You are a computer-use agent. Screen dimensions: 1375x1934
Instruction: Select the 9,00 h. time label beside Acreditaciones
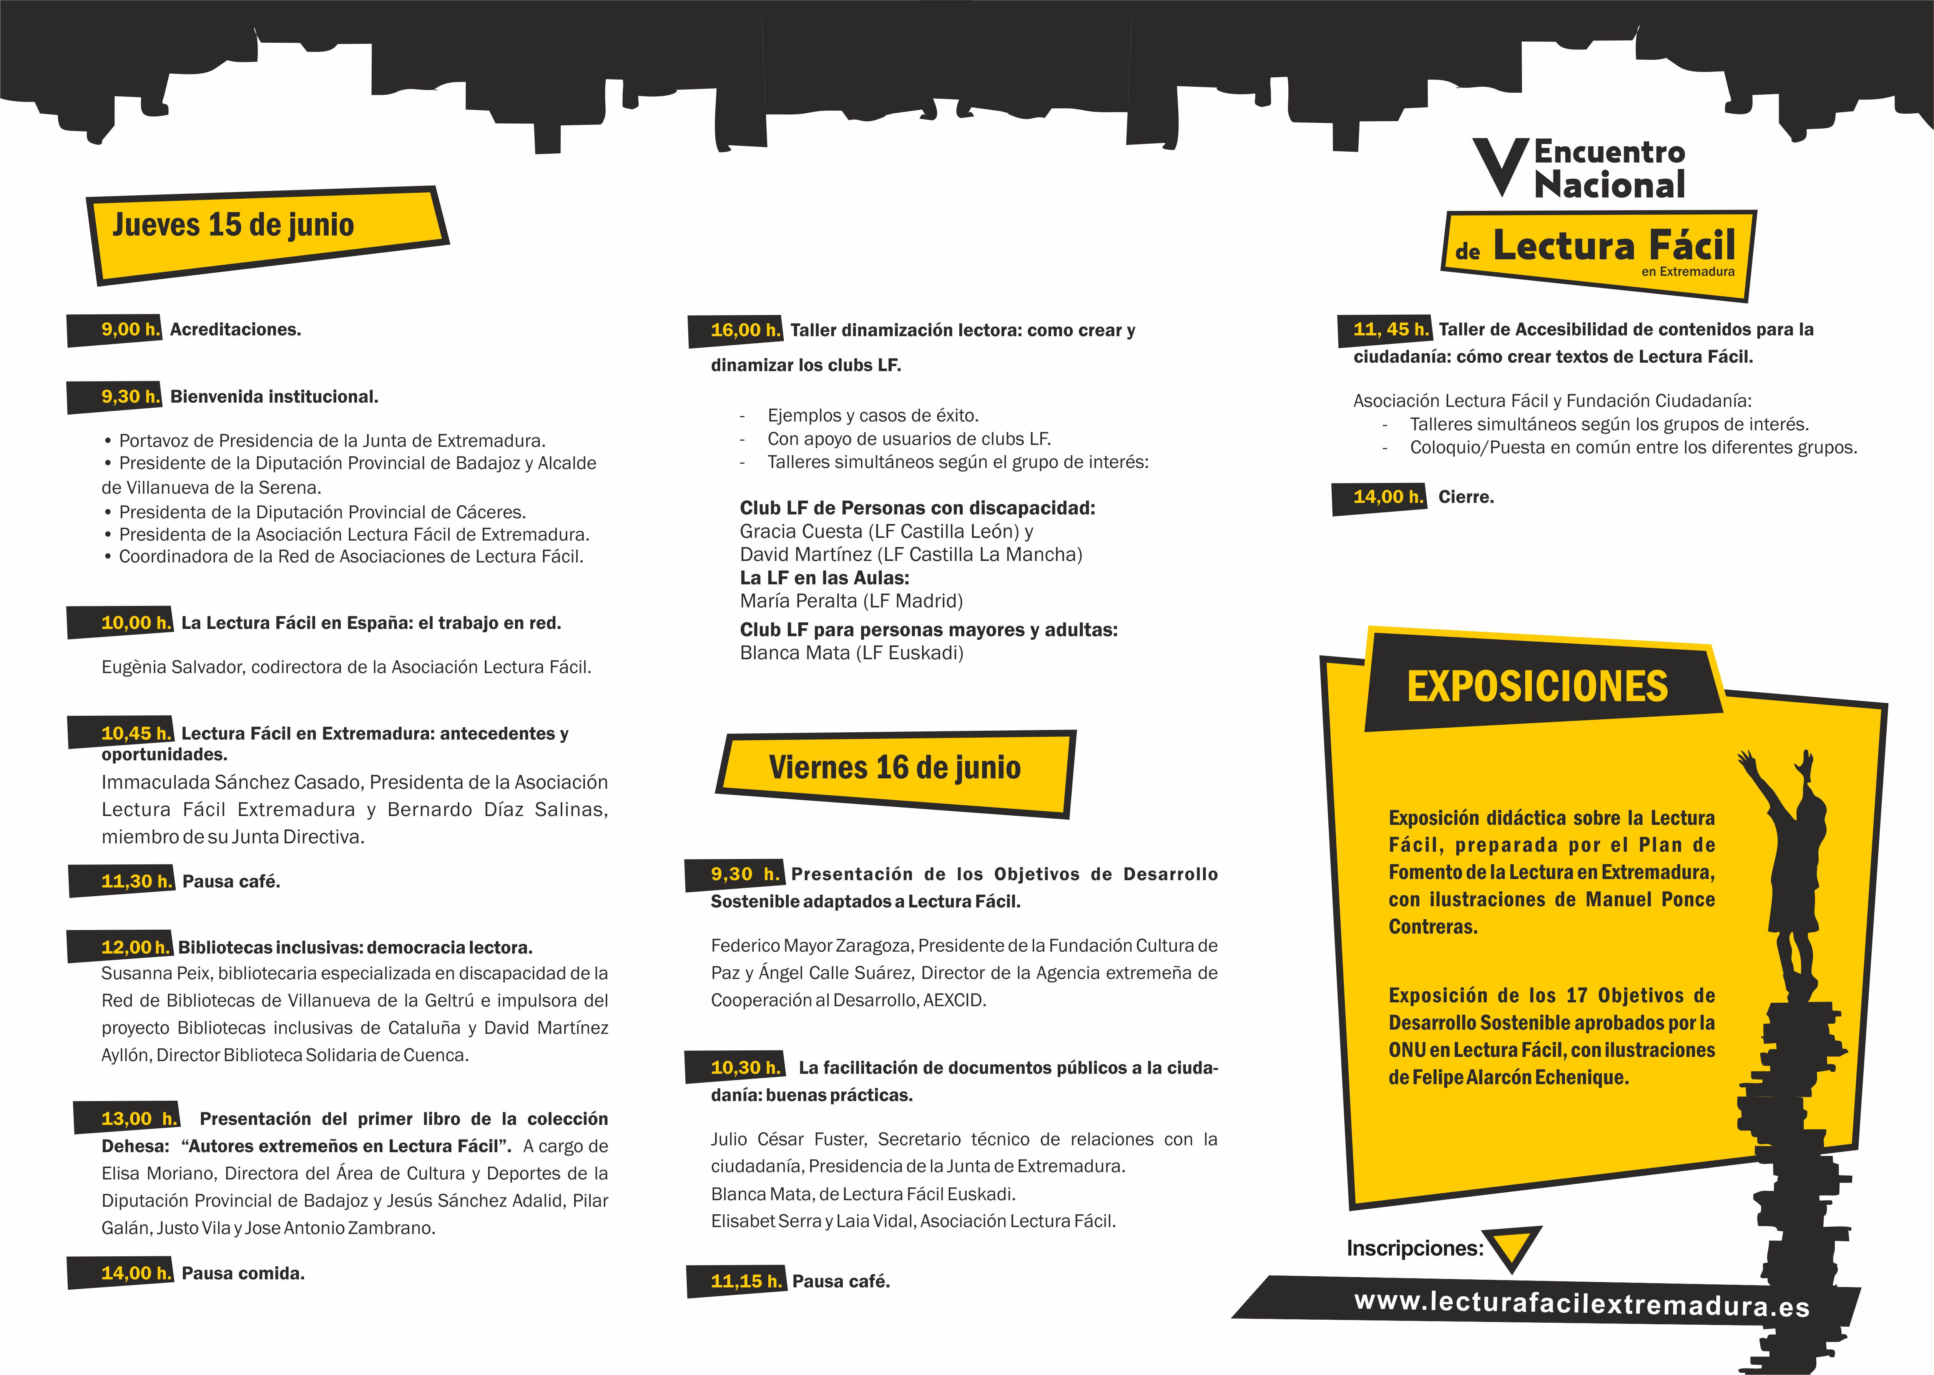[130, 329]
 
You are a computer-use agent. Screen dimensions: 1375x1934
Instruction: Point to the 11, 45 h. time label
[1391, 329]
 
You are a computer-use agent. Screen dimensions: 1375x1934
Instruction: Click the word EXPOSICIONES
[1537, 687]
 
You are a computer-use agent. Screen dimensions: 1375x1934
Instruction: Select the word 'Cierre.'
[1466, 497]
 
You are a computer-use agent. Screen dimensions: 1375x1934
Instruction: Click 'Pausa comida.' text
[243, 1274]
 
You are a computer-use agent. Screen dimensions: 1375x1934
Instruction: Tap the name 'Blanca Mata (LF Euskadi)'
[851, 653]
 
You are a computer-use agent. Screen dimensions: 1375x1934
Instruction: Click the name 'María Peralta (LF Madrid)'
[851, 601]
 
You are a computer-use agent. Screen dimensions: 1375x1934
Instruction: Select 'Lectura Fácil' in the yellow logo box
[1613, 246]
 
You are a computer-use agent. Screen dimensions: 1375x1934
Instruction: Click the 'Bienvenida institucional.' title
[274, 397]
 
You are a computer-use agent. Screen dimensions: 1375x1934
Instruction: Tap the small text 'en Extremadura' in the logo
[1688, 272]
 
